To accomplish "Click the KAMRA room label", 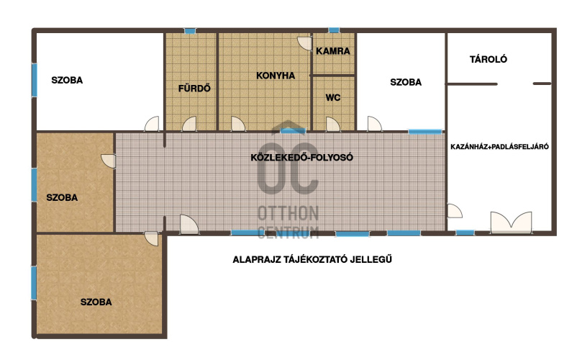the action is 332,51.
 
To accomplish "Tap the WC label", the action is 333,97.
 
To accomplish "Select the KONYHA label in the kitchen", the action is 276,76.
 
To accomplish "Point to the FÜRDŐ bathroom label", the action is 194,89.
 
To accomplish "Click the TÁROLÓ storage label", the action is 489,59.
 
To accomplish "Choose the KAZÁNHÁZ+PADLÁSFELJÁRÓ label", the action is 499,147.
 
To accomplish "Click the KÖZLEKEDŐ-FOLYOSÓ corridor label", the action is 301,158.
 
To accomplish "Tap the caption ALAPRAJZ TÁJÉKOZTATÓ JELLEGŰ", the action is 312,259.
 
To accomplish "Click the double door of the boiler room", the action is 511,222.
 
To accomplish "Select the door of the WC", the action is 332,125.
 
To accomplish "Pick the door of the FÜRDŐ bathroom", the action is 189,124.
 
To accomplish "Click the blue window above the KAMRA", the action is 334,30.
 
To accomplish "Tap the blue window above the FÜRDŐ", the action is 190,31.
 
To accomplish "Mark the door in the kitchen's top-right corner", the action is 305,43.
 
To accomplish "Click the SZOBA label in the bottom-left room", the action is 96,302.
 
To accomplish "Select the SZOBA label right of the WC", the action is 406,83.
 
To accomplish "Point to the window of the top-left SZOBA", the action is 35,80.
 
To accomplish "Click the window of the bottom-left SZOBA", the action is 34,283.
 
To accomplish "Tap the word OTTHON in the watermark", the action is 288,214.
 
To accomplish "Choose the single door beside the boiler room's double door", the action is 455,211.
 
